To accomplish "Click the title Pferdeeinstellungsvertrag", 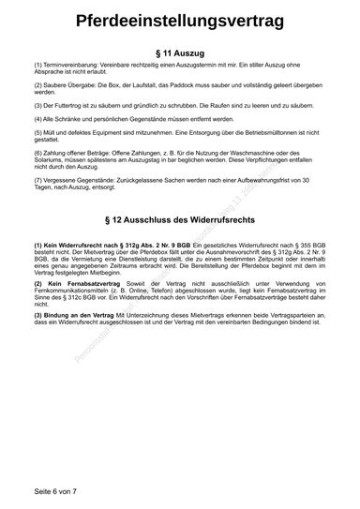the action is pos(180,21).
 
